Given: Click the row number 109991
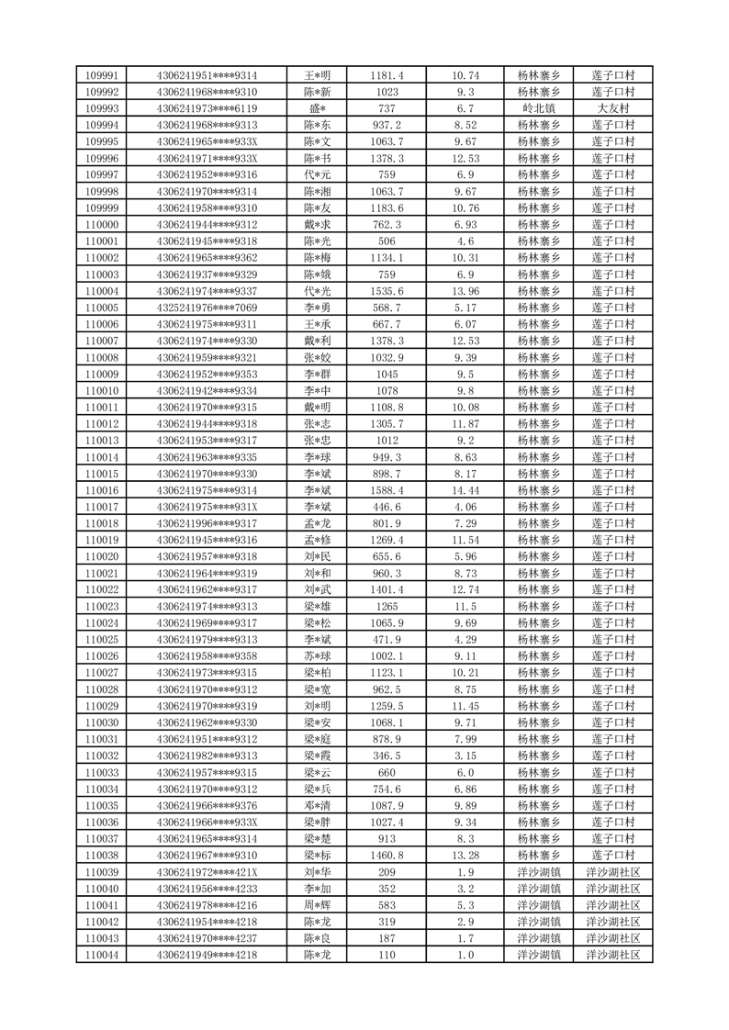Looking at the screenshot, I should (102, 75).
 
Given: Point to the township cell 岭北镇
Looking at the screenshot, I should (539, 108).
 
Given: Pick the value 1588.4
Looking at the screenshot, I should (387, 490).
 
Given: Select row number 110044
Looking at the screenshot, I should (102, 955).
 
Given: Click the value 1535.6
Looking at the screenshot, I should (387, 291).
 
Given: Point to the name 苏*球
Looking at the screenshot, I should (317, 655).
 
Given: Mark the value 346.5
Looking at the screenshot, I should (387, 756).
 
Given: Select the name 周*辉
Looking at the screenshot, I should (317, 904).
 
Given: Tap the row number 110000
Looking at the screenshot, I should (102, 224).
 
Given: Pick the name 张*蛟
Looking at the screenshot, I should (317, 357).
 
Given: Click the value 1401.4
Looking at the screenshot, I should (387, 589).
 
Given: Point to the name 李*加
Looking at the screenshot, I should (317, 888).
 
